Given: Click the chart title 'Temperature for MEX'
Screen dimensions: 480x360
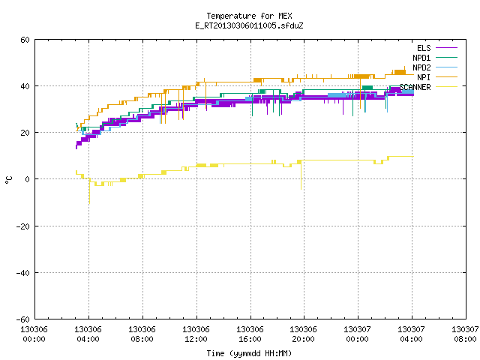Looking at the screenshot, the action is point(249,16).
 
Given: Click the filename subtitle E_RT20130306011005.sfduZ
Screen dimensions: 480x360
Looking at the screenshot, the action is point(249,25).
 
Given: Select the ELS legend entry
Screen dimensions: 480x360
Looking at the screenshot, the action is point(437,48).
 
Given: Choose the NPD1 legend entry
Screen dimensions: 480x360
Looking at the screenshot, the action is point(435,58).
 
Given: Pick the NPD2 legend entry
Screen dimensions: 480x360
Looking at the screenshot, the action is point(435,67).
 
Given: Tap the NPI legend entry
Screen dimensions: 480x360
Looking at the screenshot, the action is point(437,77).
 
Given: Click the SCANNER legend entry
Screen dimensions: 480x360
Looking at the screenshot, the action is point(428,87).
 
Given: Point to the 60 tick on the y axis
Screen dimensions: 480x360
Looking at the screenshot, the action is point(25,40).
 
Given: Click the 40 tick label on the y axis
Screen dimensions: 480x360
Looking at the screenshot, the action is point(25,86).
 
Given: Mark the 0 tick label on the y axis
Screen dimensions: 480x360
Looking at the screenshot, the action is point(28,179).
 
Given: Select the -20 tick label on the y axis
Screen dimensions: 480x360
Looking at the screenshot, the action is point(23,226).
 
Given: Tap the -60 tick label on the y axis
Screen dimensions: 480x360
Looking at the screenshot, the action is point(23,319).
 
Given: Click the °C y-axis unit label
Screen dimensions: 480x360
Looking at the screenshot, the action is point(9,179).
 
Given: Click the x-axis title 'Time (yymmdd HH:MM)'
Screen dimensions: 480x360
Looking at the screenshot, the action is point(249,353).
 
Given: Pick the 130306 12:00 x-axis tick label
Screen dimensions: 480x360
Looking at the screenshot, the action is point(196,334).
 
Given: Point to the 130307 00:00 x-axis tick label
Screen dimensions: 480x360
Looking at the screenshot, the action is point(357,334).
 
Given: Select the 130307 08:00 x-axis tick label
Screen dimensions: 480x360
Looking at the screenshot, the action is point(465,334).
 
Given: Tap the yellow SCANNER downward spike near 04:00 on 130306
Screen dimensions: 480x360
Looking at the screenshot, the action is point(89,190).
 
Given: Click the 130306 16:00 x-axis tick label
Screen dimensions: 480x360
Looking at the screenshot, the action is point(250,334).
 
